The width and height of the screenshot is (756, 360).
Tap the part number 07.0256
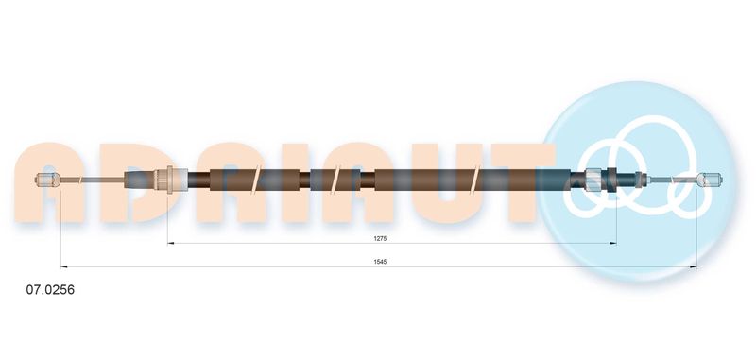pyautogui.click(x=50, y=290)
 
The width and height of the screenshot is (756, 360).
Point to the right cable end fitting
pyautogui.click(x=711, y=180)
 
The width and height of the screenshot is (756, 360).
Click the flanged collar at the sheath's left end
pyautogui.click(x=168, y=180)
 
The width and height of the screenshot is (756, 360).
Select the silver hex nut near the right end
pyautogui.click(x=593, y=180)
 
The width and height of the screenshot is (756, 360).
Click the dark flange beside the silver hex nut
pyautogui.click(x=612, y=180)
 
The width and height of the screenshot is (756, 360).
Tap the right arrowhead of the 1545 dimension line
pyautogui.click(x=694, y=266)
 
